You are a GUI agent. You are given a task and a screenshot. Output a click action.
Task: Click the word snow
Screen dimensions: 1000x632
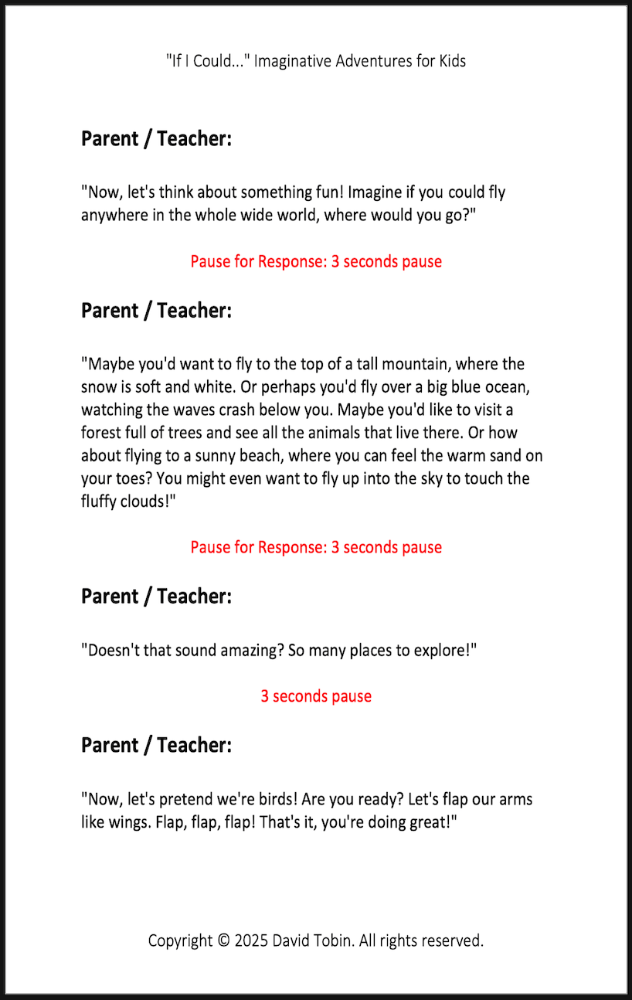point(100,386)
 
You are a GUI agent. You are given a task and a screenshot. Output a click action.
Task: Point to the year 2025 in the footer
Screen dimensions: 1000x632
point(251,941)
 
